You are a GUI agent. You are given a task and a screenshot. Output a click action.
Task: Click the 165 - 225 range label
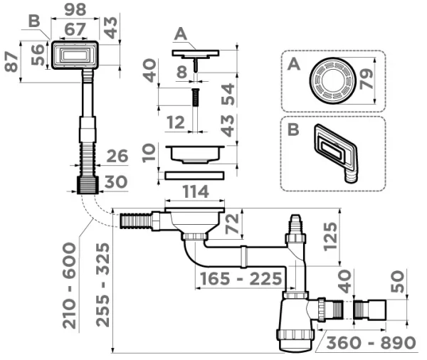[x=239, y=278]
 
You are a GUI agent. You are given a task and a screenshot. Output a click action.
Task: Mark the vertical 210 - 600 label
[x=69, y=285]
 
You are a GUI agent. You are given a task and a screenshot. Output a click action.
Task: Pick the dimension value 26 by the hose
[x=117, y=156]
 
